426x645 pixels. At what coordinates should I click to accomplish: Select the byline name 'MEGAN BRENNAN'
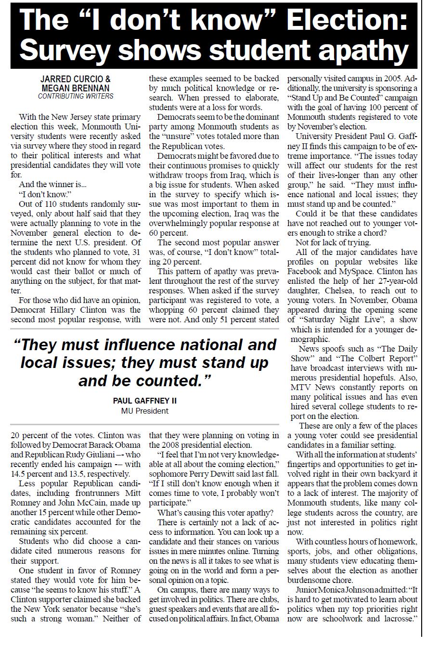coord(76,88)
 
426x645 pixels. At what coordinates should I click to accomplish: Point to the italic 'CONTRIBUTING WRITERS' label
coord(76,96)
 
